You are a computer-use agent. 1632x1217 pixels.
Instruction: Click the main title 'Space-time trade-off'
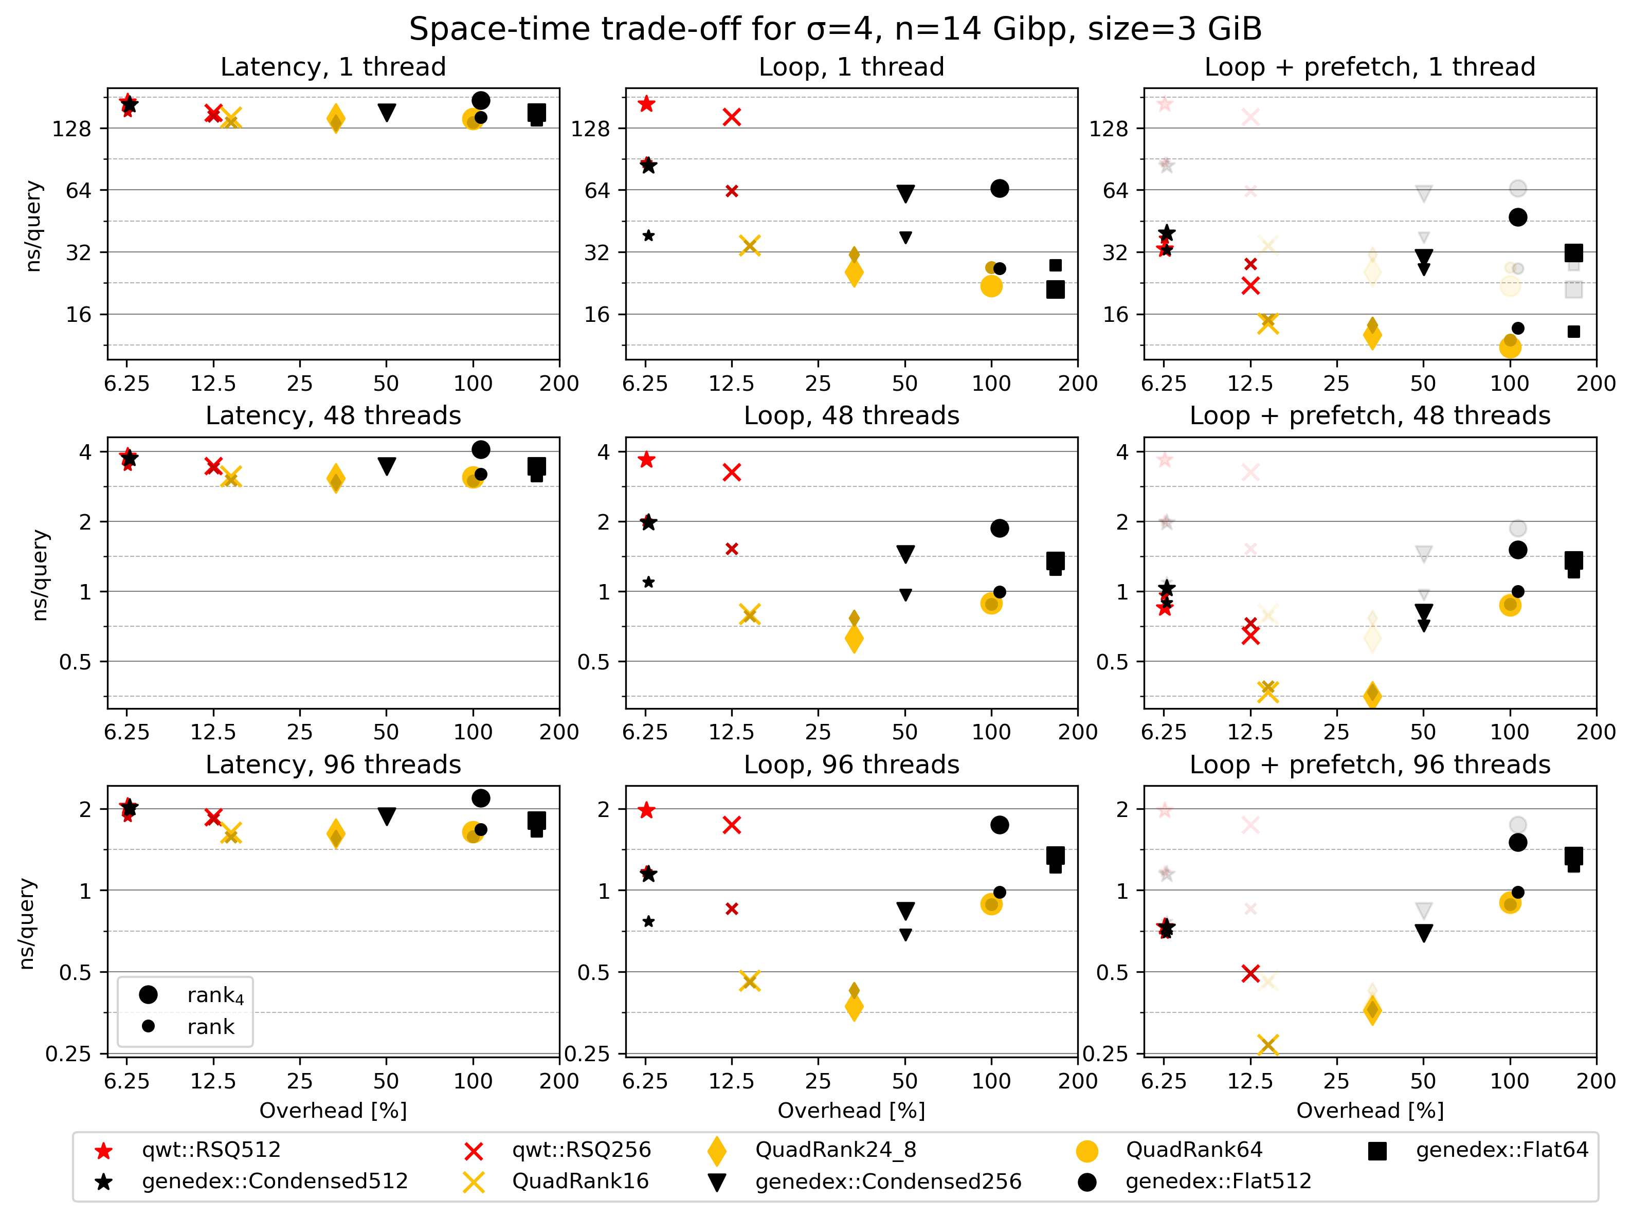[835, 29]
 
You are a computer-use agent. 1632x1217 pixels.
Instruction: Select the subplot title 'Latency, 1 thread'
[333, 67]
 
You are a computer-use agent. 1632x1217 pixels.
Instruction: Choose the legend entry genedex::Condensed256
[888, 1182]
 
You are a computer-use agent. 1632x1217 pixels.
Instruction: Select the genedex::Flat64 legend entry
[1501, 1150]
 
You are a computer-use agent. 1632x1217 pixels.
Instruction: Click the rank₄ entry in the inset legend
[214, 995]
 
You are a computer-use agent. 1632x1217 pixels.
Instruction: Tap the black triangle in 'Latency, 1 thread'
[387, 113]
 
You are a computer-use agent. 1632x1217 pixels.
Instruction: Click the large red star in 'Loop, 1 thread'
[646, 104]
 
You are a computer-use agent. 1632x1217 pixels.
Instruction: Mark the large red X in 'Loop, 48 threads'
[732, 472]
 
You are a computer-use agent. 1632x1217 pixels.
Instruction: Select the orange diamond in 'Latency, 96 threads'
[336, 834]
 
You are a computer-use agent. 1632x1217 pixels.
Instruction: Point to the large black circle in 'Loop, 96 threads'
[999, 825]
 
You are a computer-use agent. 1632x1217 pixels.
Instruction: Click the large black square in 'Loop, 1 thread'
[1055, 289]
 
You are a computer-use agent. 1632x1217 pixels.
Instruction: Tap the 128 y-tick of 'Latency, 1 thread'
[71, 130]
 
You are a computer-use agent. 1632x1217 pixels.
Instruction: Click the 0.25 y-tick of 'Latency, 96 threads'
[68, 1054]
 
